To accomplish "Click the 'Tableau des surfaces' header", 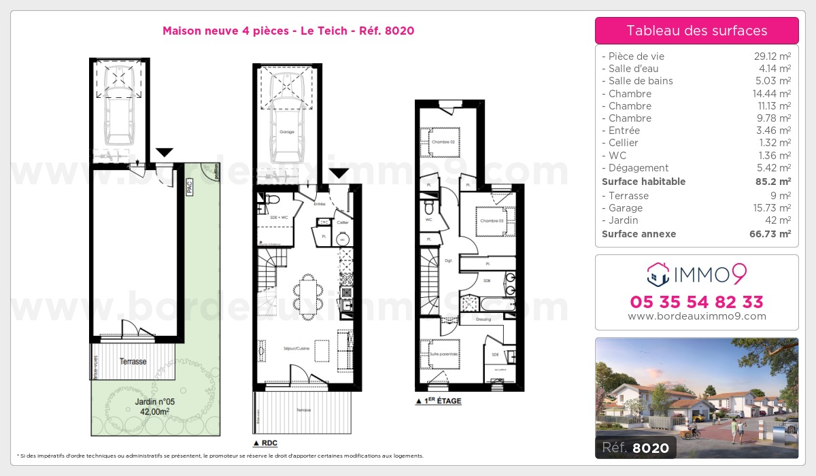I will click(696, 31).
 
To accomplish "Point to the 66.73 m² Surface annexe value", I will click(772, 234).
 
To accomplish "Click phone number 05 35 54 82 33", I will click(696, 302).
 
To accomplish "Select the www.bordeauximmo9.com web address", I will click(696, 316).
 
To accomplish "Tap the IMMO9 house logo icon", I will click(657, 275).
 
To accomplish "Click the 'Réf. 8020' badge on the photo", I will click(635, 447).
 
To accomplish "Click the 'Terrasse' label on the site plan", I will click(133, 361).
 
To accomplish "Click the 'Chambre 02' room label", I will click(442, 142).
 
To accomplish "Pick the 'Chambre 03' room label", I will click(491, 221).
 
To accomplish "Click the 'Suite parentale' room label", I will click(443, 354).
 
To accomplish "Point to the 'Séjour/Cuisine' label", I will click(296, 349).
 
